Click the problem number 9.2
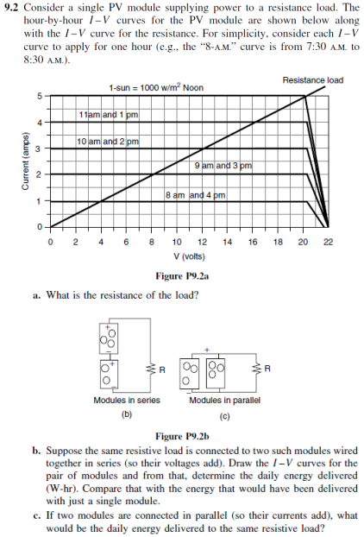[x=12, y=8]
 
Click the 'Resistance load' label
[x=312, y=80]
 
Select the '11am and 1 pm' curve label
[x=108, y=115]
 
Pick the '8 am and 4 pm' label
[x=194, y=195]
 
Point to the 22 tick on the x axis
[x=326, y=243]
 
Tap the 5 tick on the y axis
[x=38, y=96]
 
